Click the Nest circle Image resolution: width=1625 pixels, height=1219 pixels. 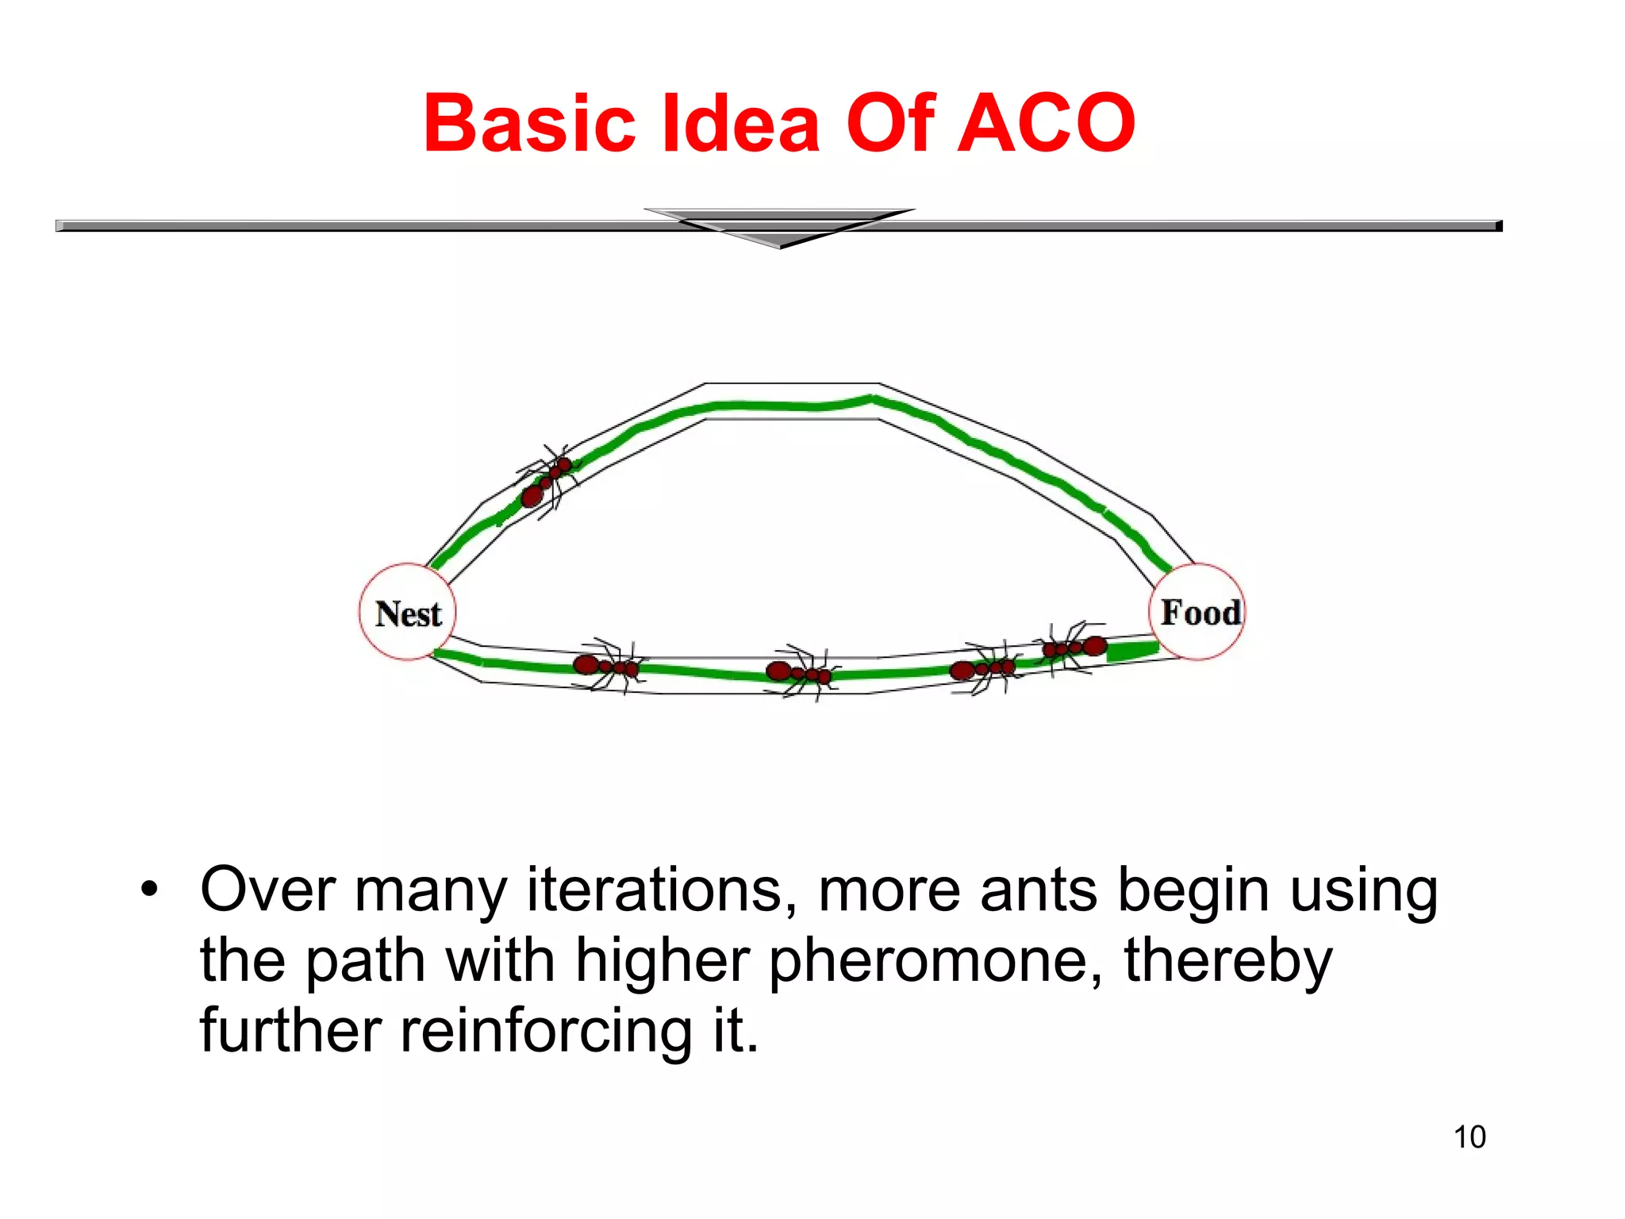click(x=408, y=613)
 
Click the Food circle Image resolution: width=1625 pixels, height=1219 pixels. click(x=1198, y=612)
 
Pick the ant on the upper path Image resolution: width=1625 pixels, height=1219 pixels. click(x=547, y=480)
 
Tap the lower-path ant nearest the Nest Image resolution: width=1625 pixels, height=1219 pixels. click(x=606, y=667)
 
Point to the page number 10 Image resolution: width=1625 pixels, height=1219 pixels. click(x=1469, y=1137)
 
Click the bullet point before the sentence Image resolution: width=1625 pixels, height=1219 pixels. click(x=149, y=890)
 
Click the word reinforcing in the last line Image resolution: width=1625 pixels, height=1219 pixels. click(x=546, y=1030)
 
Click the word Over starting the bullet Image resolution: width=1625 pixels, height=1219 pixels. click(x=268, y=890)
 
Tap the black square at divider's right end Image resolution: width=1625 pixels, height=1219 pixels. click(x=1499, y=226)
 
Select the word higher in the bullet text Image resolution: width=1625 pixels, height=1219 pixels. click(x=663, y=960)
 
